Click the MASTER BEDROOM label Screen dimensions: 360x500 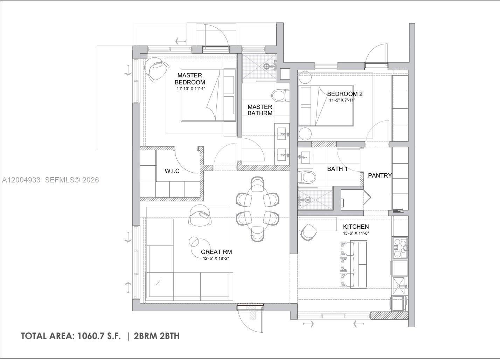point(190,79)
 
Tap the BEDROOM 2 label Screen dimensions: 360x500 point(345,94)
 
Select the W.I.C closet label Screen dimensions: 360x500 point(172,171)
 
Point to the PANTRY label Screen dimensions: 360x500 point(380,175)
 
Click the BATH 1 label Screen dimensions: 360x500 point(337,169)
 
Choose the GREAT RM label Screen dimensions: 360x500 point(216,252)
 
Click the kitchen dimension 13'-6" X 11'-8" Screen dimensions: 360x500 point(356,233)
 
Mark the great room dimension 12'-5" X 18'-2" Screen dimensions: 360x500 point(216,258)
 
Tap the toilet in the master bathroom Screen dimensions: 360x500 point(280,95)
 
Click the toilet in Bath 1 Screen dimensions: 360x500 point(307,177)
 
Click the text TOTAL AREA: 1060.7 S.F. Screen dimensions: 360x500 point(71,336)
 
